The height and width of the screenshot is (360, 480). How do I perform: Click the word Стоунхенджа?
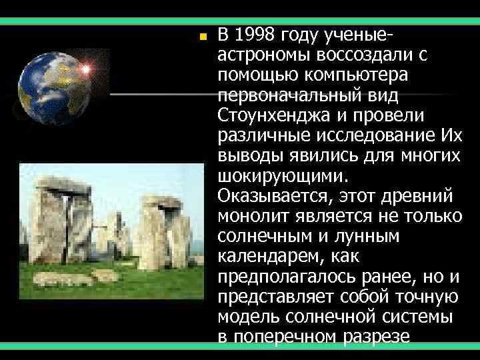pos(269,116)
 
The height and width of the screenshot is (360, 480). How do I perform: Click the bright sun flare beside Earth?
pos(85,68)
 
